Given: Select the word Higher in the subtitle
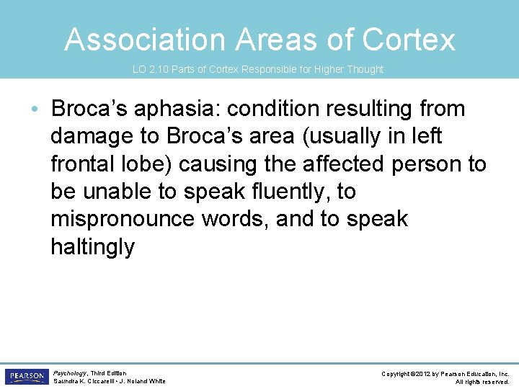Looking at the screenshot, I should coord(310,70).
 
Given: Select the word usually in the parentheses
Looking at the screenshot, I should coord(346,137).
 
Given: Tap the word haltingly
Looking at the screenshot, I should coord(92,247).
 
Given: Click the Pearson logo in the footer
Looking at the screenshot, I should coord(26,377).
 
